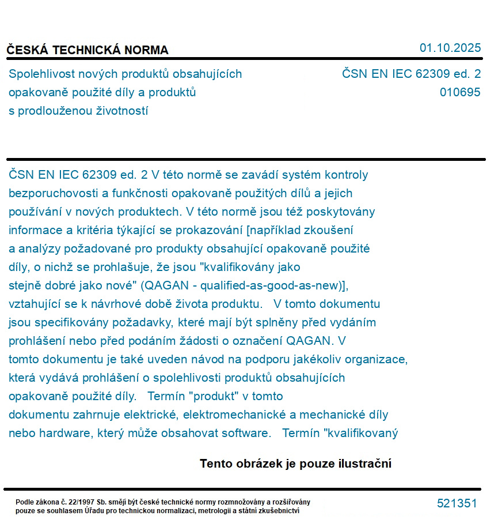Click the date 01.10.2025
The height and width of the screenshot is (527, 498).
[x=450, y=48]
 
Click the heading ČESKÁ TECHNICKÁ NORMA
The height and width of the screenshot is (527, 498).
[x=88, y=50]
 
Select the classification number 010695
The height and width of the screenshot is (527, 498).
[x=459, y=92]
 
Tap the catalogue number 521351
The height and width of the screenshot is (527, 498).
[x=457, y=503]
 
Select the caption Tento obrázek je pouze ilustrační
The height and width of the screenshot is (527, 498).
[x=295, y=464]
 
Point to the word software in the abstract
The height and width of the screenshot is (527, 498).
[x=247, y=434]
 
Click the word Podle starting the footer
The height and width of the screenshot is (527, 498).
[x=25, y=502]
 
